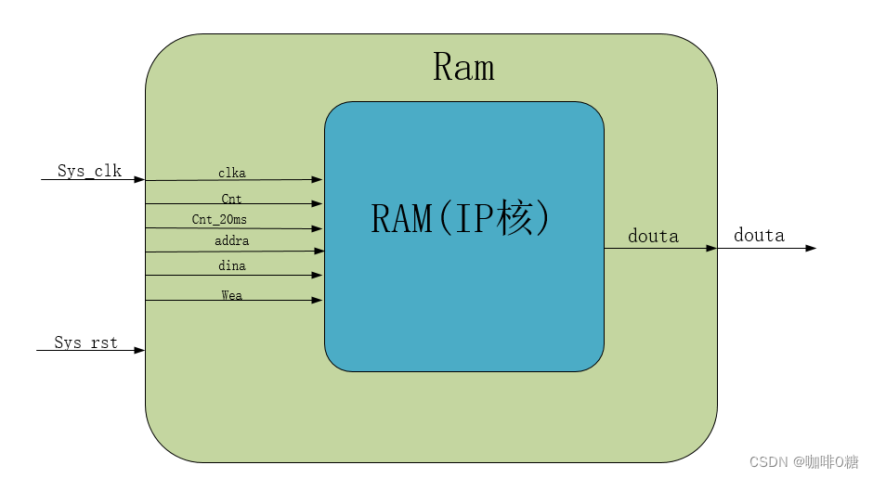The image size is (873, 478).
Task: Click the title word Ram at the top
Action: [463, 68]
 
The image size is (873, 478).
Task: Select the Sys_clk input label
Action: [89, 171]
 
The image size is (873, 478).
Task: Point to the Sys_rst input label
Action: [85, 342]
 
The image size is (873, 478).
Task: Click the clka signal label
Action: [232, 173]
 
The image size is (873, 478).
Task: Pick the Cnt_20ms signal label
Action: [219, 219]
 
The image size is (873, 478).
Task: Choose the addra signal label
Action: [231, 241]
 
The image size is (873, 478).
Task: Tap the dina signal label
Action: [232, 265]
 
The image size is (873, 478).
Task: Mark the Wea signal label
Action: [232, 294]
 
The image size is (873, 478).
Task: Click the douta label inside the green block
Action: [653, 237]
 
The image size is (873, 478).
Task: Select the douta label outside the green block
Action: [759, 235]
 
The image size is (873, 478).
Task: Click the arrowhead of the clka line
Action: [318, 180]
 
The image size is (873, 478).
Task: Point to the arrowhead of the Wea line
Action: [318, 300]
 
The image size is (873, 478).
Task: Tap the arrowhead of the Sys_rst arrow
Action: [139, 350]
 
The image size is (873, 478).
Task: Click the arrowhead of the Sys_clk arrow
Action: [139, 179]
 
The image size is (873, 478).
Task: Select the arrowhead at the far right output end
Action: [811, 248]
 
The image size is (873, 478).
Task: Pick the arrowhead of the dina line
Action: [318, 275]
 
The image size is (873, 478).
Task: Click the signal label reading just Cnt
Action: [231, 197]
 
